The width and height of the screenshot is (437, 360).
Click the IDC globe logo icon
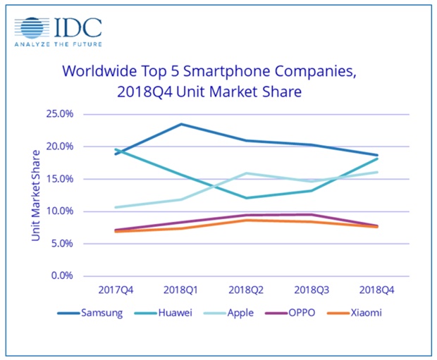pos(33,29)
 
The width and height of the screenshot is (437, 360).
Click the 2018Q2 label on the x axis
pos(246,290)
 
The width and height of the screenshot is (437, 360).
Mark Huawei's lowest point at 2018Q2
pos(246,198)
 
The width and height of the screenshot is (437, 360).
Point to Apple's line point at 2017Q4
pos(114,207)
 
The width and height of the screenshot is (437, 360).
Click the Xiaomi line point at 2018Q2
pos(246,220)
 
